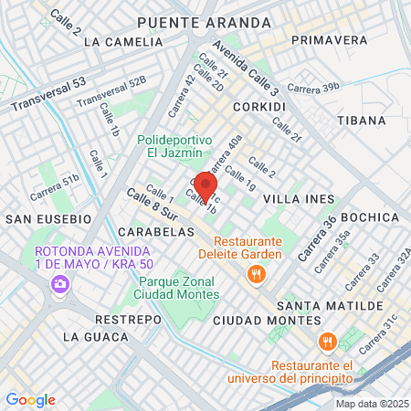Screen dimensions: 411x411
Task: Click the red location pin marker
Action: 206,186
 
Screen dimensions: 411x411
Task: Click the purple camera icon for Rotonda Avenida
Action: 60,284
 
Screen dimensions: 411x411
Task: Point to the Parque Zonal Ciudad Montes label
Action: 176,288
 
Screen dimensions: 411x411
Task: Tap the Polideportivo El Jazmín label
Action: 174,146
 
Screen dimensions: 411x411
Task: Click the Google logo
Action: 30,399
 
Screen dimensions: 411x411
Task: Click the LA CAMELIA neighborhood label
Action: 116,42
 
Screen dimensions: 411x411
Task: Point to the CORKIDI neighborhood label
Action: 259,107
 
